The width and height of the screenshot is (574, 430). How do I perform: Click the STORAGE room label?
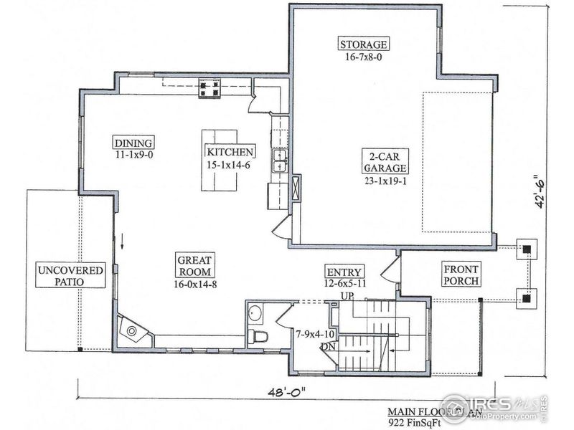click(x=364, y=44)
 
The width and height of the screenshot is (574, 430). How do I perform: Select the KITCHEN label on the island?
click(x=230, y=152)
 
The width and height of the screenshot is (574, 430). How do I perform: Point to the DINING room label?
click(x=133, y=142)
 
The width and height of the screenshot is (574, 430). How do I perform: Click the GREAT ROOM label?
click(x=194, y=267)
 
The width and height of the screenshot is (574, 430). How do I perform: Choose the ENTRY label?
click(x=344, y=272)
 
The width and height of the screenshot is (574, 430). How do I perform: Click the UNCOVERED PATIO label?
click(x=70, y=277)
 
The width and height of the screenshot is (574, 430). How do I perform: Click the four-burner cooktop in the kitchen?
click(x=210, y=88)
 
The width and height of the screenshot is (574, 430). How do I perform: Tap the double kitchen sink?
click(x=278, y=161)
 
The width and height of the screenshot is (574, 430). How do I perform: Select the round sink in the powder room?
click(x=255, y=313)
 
